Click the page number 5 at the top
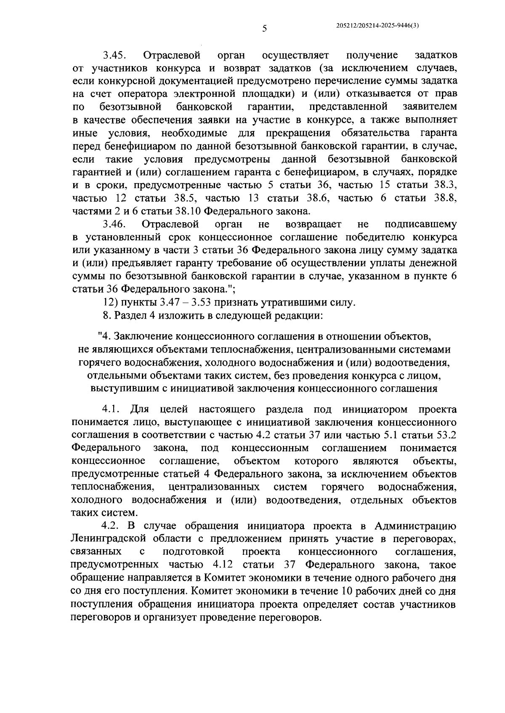[x=264, y=29]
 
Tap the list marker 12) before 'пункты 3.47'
[x=111, y=302]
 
